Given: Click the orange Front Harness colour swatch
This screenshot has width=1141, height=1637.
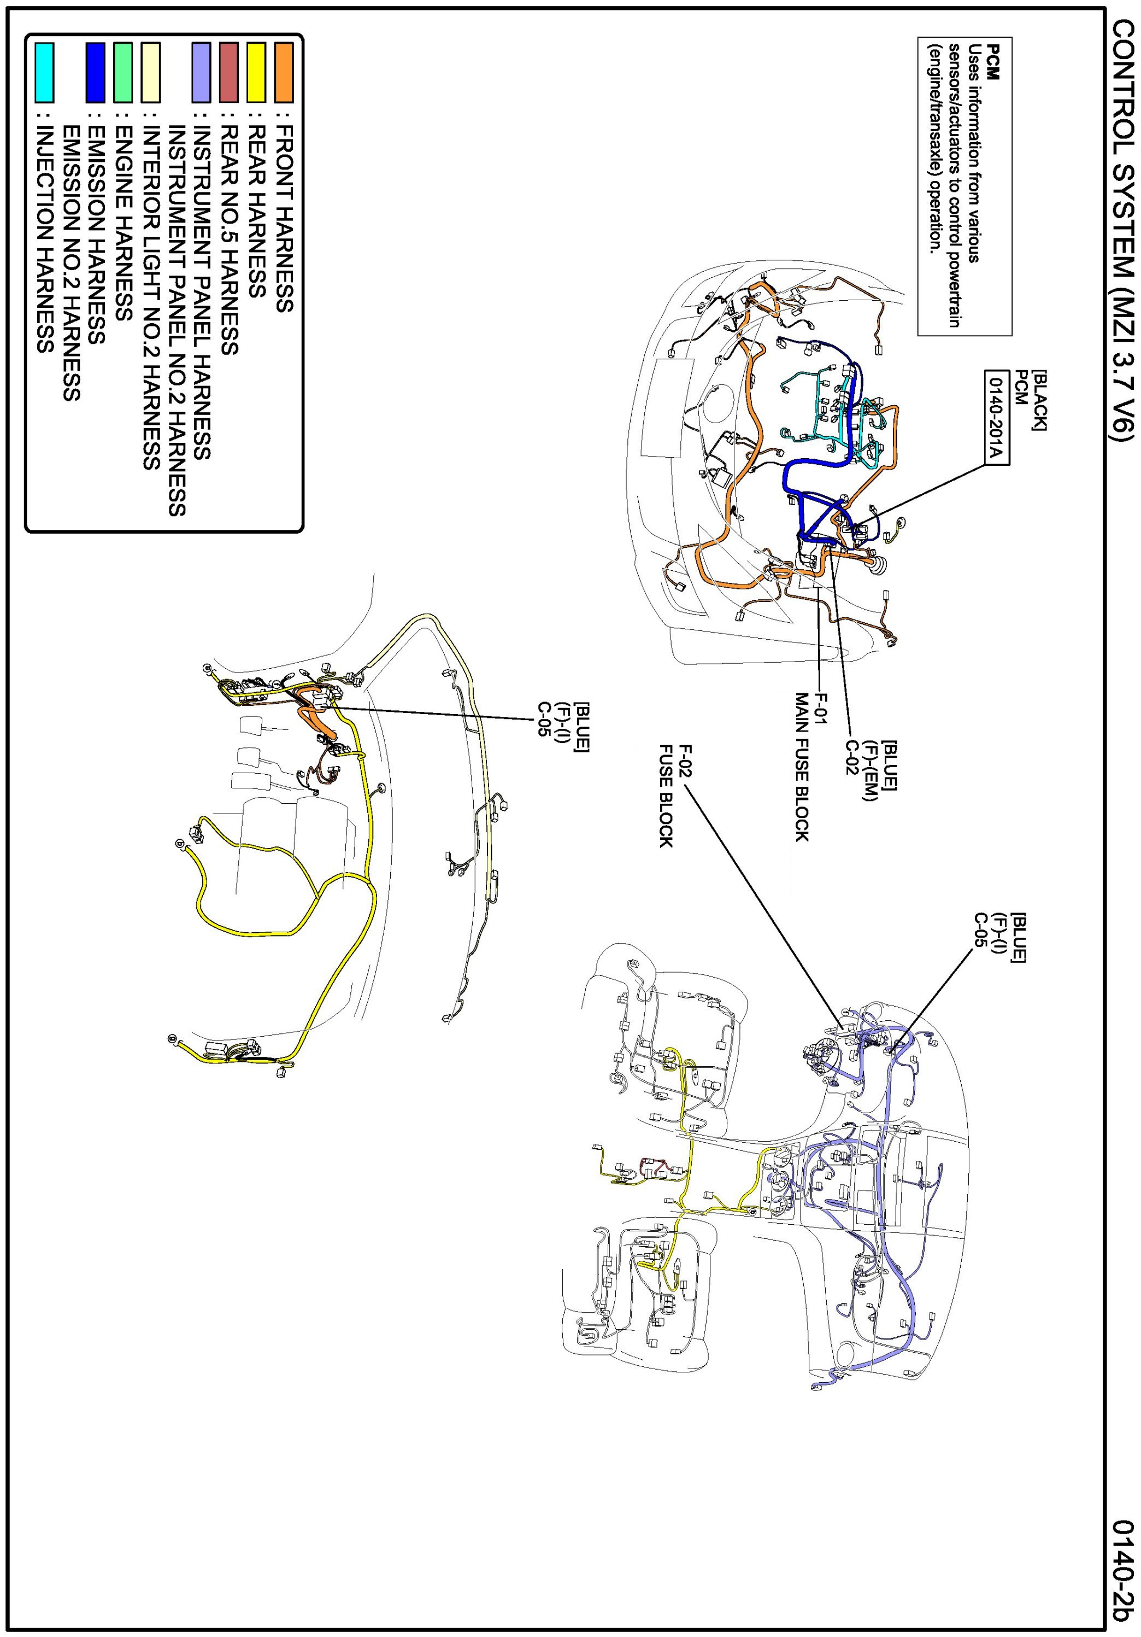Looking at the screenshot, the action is coord(284,72).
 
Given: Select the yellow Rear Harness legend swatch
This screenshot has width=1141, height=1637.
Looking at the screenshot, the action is coord(256,72).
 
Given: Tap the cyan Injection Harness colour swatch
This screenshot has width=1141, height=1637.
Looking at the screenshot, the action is coord(44,72).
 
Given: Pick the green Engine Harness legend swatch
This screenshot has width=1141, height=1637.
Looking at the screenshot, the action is coord(122,72).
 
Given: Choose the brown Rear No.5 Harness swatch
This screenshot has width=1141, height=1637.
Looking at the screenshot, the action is coord(228,72).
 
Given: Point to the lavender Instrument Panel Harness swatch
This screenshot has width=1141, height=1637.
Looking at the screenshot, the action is coord(201,72).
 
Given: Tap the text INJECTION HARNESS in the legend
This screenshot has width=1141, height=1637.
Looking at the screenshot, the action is coord(45,239).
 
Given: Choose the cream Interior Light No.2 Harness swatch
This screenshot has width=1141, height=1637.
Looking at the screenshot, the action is coord(150,72).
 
